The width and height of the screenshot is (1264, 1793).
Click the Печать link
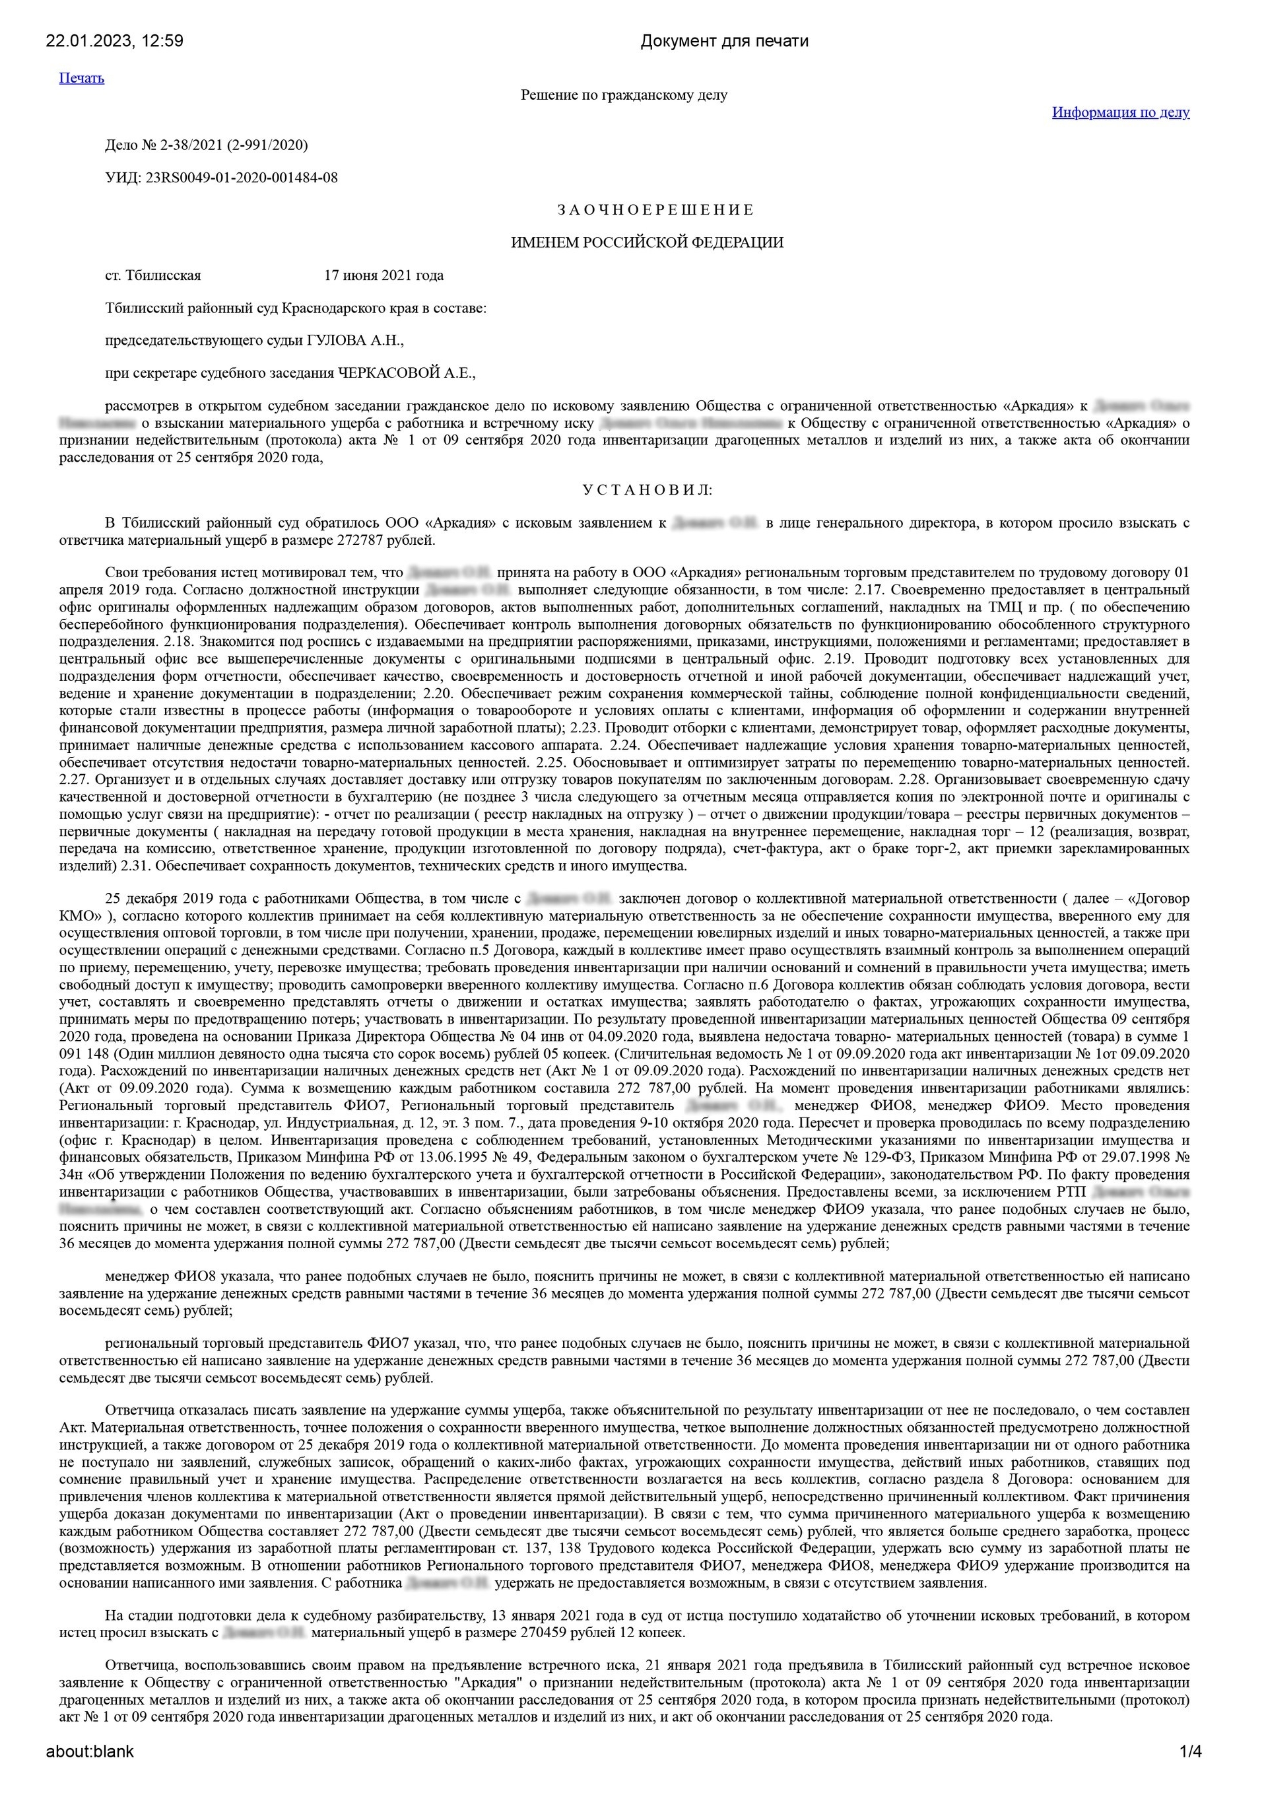coord(81,78)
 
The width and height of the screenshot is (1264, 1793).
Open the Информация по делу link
coord(1120,112)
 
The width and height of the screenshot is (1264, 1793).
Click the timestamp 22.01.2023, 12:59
coord(115,42)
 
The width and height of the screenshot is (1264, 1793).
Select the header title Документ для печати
coord(723,42)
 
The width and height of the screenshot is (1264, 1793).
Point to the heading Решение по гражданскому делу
coord(624,95)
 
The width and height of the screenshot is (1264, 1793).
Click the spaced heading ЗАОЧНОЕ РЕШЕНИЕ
coord(655,210)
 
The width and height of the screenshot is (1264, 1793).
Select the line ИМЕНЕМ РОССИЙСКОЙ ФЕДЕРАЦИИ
coord(646,243)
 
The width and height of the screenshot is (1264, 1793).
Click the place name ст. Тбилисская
coord(153,275)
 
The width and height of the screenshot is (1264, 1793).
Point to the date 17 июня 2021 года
coord(383,275)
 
